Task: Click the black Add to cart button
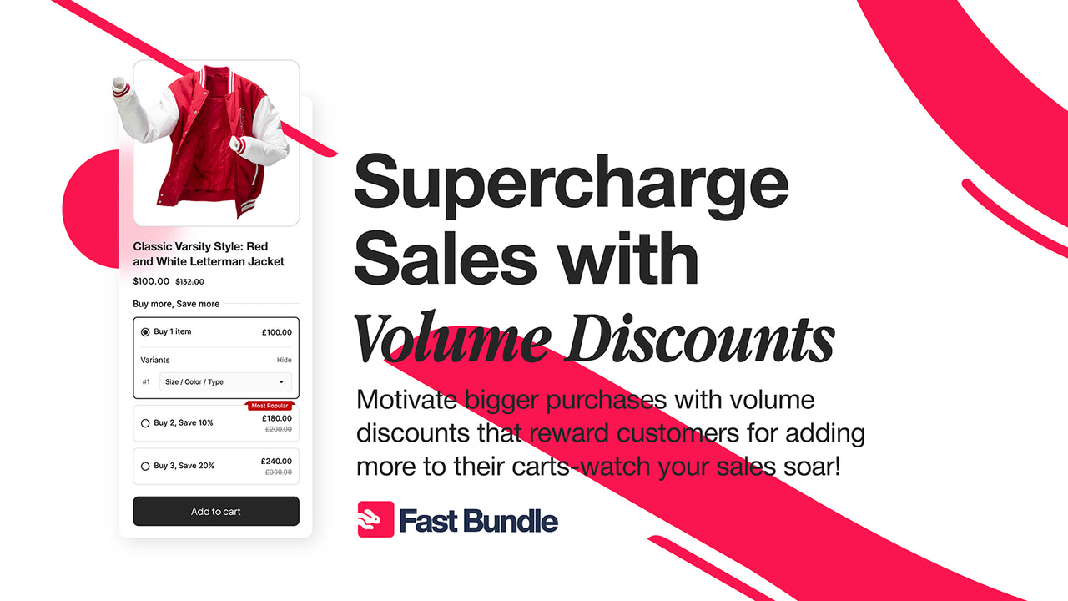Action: pyautogui.click(x=216, y=511)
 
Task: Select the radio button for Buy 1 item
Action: pyautogui.click(x=145, y=332)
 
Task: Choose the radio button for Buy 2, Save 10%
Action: pyautogui.click(x=145, y=423)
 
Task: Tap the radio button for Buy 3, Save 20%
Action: pyautogui.click(x=145, y=466)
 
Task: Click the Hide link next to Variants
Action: pyautogui.click(x=285, y=360)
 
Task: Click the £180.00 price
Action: pyautogui.click(x=276, y=418)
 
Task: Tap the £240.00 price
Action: pyautogui.click(x=276, y=461)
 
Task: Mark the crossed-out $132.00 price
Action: pyautogui.click(x=189, y=282)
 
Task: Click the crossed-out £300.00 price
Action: pyautogui.click(x=278, y=472)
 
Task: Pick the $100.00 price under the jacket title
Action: pyautogui.click(x=151, y=281)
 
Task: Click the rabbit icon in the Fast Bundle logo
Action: pyautogui.click(x=375, y=519)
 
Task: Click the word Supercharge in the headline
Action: pyautogui.click(x=572, y=185)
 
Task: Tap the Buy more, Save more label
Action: pyautogui.click(x=176, y=304)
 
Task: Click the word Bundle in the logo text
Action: pyautogui.click(x=510, y=521)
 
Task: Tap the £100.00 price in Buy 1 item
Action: pyautogui.click(x=276, y=332)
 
